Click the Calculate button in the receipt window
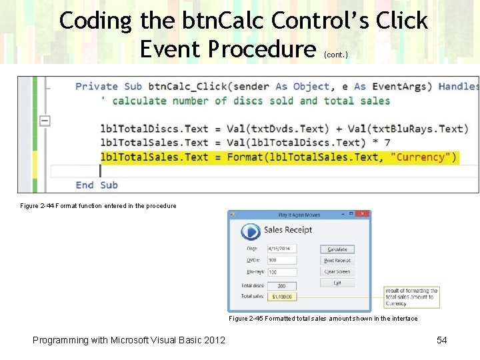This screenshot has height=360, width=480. (337, 249)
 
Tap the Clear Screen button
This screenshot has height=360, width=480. (337, 272)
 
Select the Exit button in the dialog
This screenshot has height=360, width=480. (337, 283)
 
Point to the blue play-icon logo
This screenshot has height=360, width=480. (251, 232)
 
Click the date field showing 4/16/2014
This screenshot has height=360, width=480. (282, 249)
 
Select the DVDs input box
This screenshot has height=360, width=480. (282, 261)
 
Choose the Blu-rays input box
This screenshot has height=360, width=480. (282, 272)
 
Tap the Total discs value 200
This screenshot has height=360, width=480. (282, 286)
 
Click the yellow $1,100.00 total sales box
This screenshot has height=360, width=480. (282, 296)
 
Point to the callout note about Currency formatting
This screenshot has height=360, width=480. (412, 297)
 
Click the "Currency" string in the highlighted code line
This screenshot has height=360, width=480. (423, 157)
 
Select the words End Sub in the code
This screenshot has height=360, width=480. (96, 185)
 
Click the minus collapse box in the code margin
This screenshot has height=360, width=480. (45, 121)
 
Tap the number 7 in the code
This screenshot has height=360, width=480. (387, 143)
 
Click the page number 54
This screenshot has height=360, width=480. (441, 341)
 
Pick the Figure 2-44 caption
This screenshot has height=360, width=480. (99, 206)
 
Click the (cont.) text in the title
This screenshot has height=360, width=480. (335, 55)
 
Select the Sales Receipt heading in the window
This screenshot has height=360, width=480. (288, 230)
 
